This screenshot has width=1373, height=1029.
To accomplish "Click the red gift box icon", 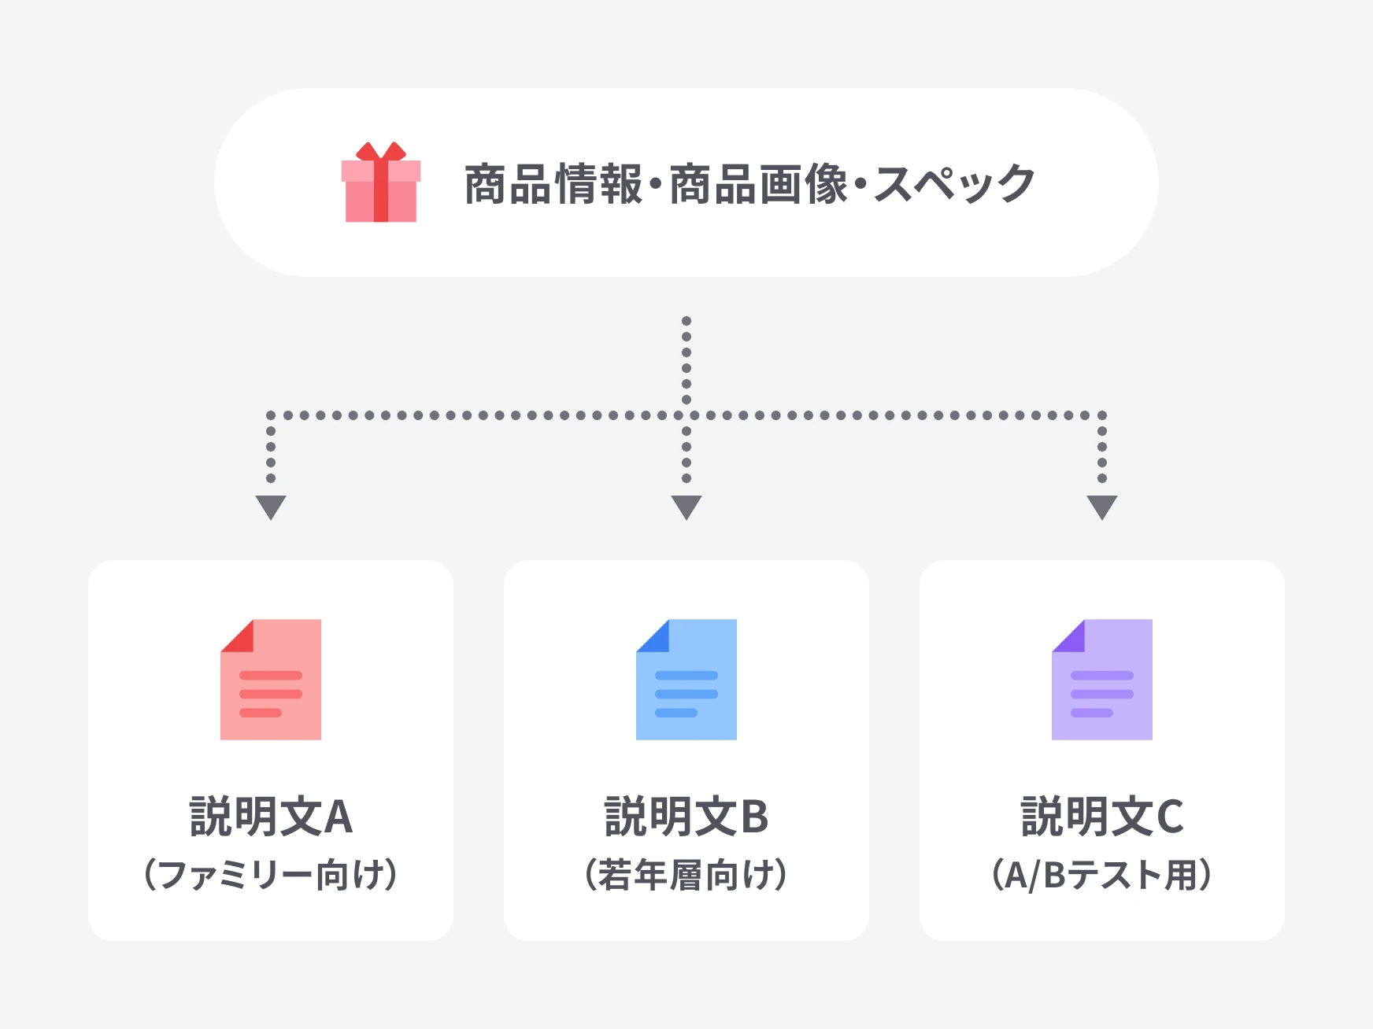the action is pos(381,183).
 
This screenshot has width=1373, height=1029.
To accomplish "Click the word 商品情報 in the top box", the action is pos(553,185).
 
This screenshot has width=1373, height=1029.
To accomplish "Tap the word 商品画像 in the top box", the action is pos(759,185).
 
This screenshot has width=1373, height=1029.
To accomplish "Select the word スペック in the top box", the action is pos(954,185).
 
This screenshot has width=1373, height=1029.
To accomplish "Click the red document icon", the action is pos(271,680).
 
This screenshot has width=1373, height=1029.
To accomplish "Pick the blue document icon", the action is pos(686,680).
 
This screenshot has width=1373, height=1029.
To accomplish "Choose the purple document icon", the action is pos(1102,680).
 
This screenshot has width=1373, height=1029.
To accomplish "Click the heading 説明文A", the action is pos(271,817).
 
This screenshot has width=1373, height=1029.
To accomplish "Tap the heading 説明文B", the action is pos(686,817).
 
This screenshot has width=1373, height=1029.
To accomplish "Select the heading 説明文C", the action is pos(1102,817).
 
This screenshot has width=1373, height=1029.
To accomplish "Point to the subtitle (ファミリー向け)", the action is pos(271,875).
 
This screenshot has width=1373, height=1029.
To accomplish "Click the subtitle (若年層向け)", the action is pos(686,875).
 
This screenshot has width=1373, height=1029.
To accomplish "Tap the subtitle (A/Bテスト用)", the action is pos(1102,875).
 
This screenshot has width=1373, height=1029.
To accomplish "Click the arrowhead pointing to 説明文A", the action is pos(271,506).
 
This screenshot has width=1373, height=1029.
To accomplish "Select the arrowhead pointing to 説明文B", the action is pos(686,506).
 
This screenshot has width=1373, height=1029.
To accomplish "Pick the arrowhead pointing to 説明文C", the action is pos(1102,506).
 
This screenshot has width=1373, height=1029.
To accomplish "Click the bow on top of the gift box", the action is pos(381,151).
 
